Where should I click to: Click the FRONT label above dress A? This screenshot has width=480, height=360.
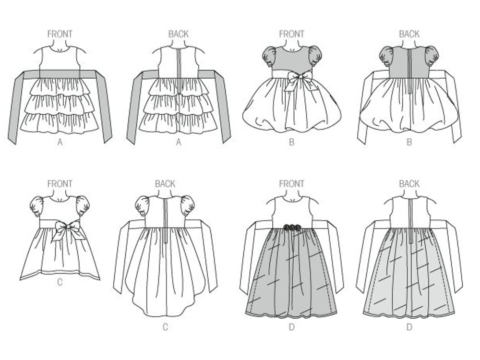60,34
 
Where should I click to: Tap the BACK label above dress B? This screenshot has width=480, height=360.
409,34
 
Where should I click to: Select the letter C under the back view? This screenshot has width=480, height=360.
165,327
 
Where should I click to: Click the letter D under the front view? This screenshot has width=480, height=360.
291,327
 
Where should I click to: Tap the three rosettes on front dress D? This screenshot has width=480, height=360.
292,228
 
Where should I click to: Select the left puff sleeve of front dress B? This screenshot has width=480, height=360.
270,56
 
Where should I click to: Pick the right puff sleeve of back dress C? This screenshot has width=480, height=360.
187,205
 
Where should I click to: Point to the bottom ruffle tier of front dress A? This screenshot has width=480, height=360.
60,123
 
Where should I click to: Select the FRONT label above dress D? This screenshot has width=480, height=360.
291,184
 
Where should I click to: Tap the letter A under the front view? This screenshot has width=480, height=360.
60,142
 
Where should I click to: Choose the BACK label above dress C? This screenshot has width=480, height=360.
165,184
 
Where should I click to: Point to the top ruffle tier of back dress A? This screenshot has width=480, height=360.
179,86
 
